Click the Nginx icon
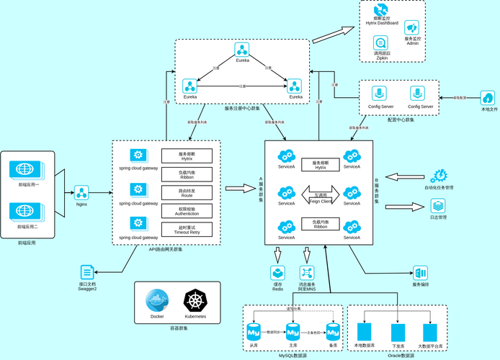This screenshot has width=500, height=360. coord(81,192)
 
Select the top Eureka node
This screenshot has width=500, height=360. coord(242,50)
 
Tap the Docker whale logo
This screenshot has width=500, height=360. coord(156,301)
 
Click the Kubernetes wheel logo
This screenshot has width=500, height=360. coord(195,301)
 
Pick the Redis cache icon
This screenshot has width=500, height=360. coord(277,273)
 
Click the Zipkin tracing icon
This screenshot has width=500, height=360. coord(381,42)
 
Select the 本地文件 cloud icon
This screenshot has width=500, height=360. coord(488,98)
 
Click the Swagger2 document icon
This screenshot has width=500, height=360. coord(87,273)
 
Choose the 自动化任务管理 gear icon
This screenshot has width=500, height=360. coord(438,176)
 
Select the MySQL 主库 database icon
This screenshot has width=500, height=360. coord(293,333)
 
